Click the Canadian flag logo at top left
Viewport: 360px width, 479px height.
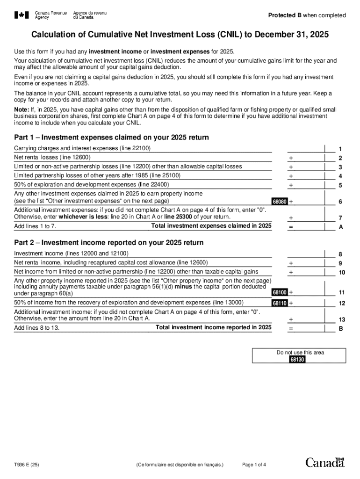(22, 15)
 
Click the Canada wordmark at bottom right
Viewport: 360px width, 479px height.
(325, 463)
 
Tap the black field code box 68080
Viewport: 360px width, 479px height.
(280, 202)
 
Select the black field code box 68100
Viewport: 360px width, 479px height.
(280, 292)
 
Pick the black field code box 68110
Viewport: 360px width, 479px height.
(280, 303)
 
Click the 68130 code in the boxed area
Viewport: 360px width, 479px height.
(297, 360)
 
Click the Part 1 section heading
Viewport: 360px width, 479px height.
(111, 138)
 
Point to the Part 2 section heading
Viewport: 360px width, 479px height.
(108, 243)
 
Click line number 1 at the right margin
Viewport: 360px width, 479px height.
(340, 149)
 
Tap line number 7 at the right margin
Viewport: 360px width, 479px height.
(340, 218)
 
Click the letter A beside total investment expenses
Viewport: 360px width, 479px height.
(340, 227)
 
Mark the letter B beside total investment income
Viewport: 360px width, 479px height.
(340, 329)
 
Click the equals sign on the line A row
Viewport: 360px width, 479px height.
(291, 227)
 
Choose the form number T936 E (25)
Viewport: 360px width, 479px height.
(27, 465)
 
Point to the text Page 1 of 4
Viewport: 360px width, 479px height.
(254, 465)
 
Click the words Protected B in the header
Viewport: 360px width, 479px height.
(285, 15)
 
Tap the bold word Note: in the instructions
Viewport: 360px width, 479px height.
(22, 109)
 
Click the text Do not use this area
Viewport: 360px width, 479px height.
(300, 353)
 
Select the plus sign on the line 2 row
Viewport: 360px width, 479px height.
(291, 158)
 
